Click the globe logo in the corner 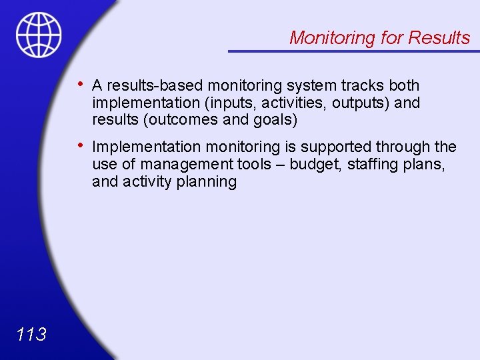[39, 35]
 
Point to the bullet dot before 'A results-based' [80, 84]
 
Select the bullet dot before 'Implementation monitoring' [80, 145]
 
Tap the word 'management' [178, 164]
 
